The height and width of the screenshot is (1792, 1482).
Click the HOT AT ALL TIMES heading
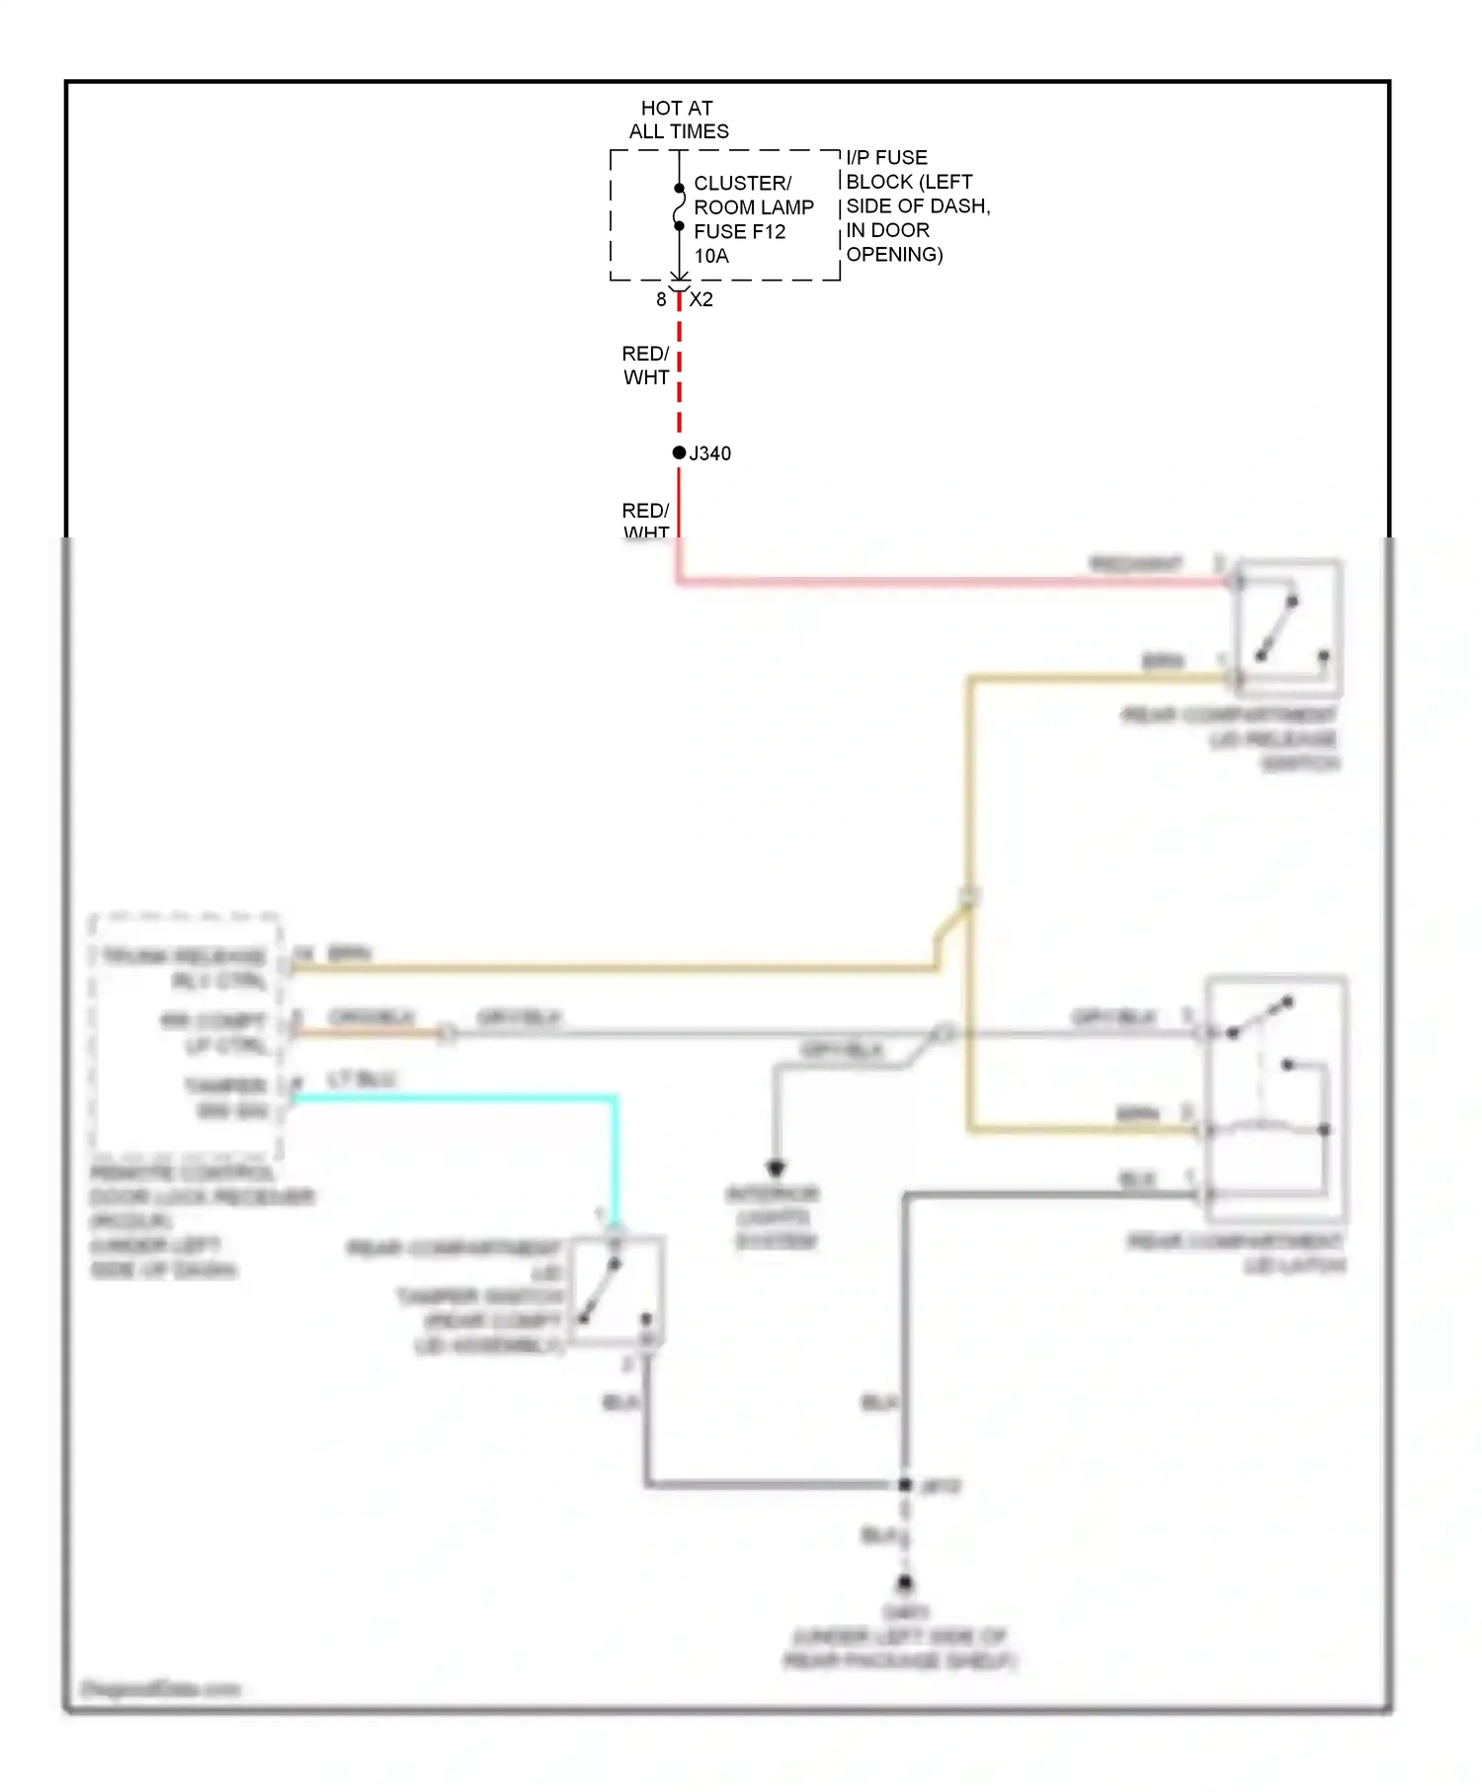pos(678,120)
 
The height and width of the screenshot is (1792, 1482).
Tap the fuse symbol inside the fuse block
pos(679,207)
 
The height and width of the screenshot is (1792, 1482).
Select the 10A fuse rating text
pos(711,256)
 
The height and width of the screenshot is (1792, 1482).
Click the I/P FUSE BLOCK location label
pos(916,205)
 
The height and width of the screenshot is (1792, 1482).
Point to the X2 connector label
pos(701,299)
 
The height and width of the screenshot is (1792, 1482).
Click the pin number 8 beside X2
pos(661,299)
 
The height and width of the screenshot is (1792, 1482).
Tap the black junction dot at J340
pos(679,452)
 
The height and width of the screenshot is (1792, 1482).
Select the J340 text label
pos(710,453)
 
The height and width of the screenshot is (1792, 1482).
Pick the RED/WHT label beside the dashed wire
pos(646,366)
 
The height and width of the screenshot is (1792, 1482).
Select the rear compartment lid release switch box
pos(1288,628)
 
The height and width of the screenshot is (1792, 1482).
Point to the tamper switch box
pos(617,1290)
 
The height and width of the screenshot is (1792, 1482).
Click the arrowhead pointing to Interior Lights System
pos(776,1169)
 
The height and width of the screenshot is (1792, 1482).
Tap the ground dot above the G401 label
pos(904,1583)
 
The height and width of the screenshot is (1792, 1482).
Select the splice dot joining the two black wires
pos(904,1484)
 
